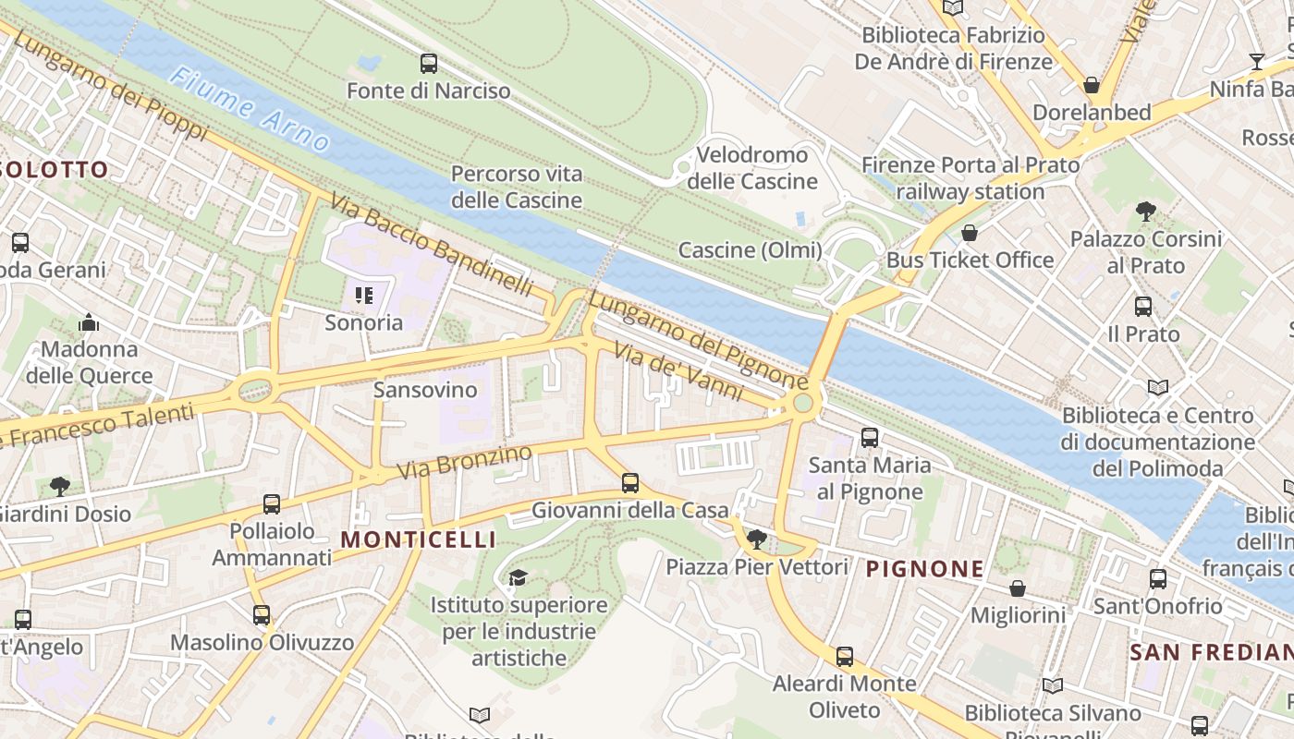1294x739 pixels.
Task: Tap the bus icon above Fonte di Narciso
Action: tap(429, 64)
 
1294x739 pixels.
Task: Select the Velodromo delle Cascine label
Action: tap(752, 167)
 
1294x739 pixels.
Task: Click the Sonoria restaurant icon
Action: tap(364, 296)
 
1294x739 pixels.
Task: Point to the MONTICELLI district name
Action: tap(419, 539)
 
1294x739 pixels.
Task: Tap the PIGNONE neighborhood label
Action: tap(924, 569)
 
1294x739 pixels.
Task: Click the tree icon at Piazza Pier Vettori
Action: tap(757, 539)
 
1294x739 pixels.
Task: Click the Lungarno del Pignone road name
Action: tap(698, 341)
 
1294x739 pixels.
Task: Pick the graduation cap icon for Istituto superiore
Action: tap(518, 577)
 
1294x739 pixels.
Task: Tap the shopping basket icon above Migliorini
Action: tap(1018, 588)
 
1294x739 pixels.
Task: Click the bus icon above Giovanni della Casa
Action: tap(630, 482)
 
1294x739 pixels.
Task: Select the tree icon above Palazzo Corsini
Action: tap(1146, 212)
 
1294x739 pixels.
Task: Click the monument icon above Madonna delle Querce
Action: tap(89, 322)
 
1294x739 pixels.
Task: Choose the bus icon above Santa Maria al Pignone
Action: tap(870, 438)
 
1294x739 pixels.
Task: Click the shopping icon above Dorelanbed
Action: tap(1092, 85)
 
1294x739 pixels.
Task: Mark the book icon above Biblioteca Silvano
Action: tap(1052, 685)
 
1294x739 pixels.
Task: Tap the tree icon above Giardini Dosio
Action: tap(60, 486)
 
